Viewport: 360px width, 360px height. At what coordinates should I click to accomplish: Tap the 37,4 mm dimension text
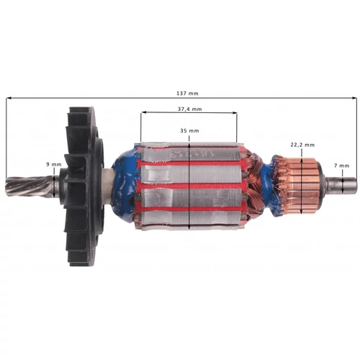pos(188,108)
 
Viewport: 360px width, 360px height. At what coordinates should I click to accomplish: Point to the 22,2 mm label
pos(300,143)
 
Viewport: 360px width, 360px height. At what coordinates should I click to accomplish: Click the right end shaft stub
pos(342,186)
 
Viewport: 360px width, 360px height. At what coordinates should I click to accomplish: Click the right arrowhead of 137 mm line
pos(353,99)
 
